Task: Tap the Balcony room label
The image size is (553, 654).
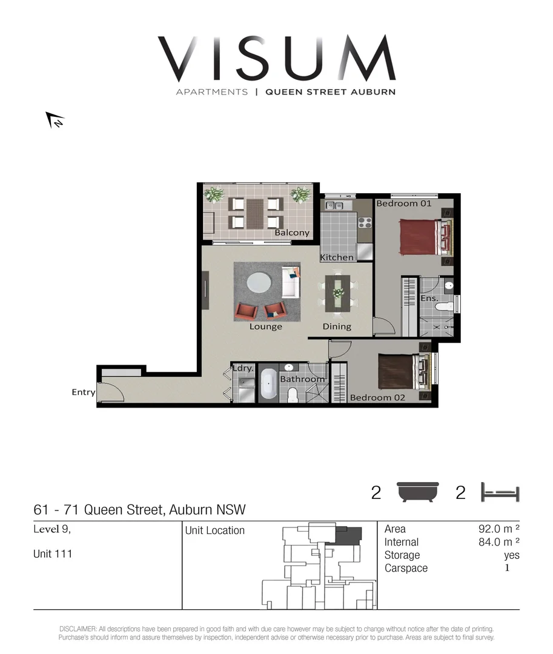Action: [x=292, y=233]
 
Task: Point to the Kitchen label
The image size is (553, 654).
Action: [x=337, y=257]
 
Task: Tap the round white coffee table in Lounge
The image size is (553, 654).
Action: [x=260, y=283]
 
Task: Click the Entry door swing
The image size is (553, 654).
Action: [x=111, y=391]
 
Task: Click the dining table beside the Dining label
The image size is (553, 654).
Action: [x=338, y=293]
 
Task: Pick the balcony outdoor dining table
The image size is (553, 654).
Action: [x=255, y=213]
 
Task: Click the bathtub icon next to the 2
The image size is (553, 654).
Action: [x=418, y=492]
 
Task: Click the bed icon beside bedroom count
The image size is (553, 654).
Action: [x=500, y=492]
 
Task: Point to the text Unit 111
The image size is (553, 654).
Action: [x=53, y=553]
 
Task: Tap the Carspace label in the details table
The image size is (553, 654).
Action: [x=406, y=568]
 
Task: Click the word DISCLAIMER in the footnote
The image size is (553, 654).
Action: [x=78, y=629]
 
